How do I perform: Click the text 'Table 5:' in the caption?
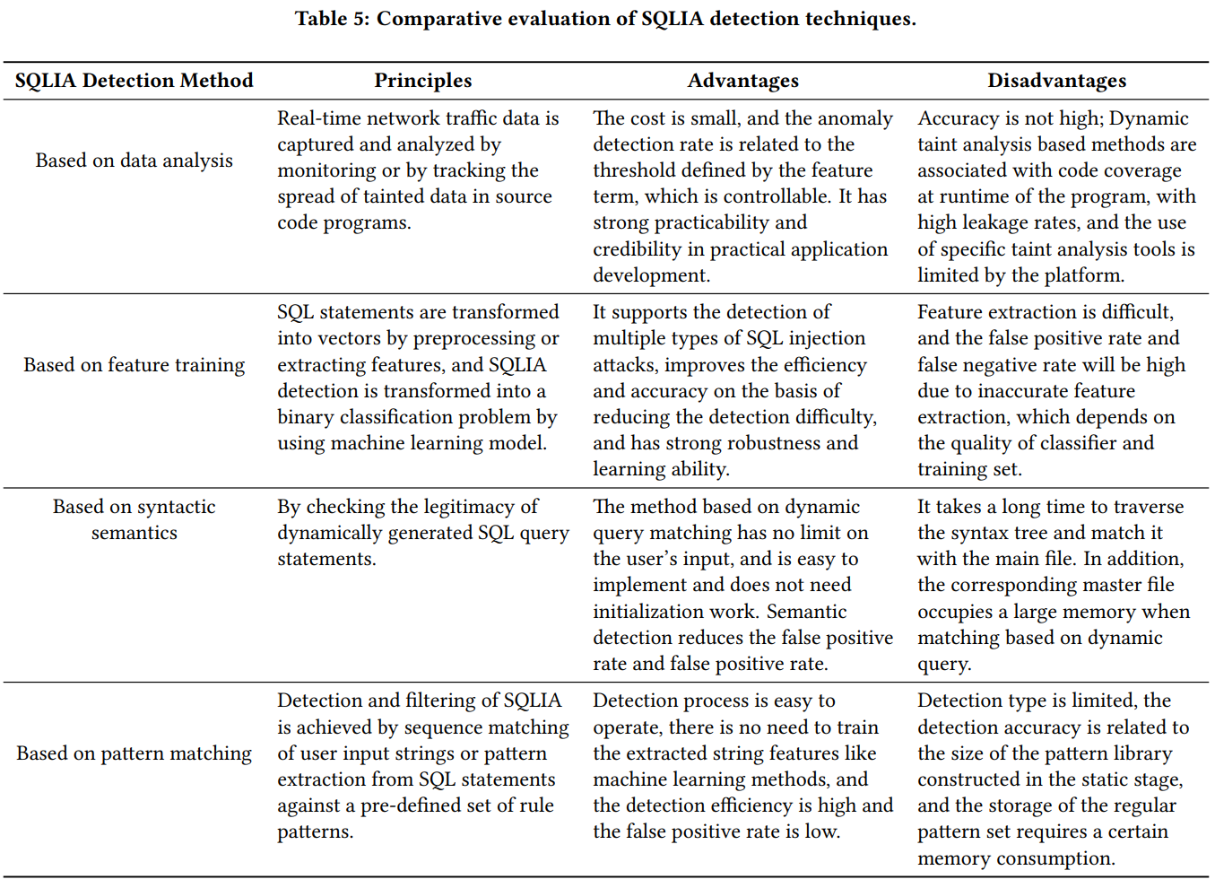(332, 19)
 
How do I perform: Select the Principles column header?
(422, 81)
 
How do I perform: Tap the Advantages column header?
(742, 81)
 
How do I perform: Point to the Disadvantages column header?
(1056, 81)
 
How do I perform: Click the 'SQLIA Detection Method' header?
(134, 81)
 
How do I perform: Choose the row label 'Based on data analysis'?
(134, 161)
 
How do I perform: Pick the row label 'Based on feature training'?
(134, 365)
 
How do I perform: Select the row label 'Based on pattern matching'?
(134, 753)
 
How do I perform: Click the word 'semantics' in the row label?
(134, 533)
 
